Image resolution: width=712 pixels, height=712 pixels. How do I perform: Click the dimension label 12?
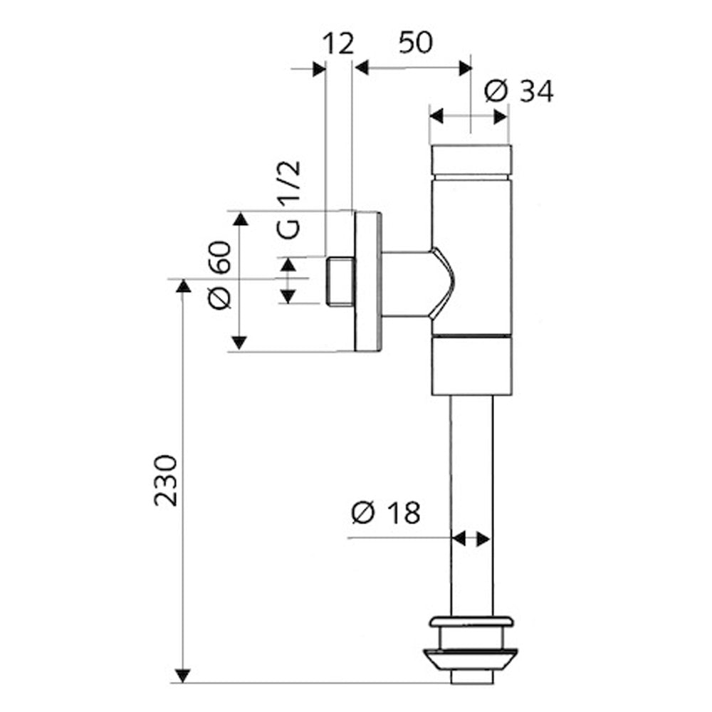pyautogui.click(x=337, y=44)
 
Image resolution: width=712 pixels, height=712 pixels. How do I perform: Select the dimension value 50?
pyautogui.click(x=416, y=43)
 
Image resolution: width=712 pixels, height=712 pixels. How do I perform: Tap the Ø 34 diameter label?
pyautogui.click(x=519, y=91)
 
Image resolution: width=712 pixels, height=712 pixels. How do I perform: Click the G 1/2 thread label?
pyautogui.click(x=289, y=200)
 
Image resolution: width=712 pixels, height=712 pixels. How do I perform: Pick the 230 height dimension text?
pyautogui.click(x=165, y=481)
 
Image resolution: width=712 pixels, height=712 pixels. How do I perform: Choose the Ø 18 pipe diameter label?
pyautogui.click(x=386, y=513)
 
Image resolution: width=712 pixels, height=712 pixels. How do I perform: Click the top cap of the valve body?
pyautogui.click(x=471, y=161)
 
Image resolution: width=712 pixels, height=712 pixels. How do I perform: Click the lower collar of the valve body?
pyautogui.click(x=472, y=365)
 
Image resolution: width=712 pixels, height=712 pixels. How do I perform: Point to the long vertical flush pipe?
pyautogui.click(x=471, y=505)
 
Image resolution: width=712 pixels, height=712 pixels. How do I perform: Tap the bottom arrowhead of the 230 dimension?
pyautogui.click(x=182, y=675)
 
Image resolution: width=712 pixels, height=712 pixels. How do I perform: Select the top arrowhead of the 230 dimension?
pyautogui.click(x=183, y=286)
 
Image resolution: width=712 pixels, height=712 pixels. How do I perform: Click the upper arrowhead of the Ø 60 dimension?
pyautogui.click(x=240, y=219)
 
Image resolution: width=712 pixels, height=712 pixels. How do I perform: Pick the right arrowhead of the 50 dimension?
pyautogui.click(x=465, y=68)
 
